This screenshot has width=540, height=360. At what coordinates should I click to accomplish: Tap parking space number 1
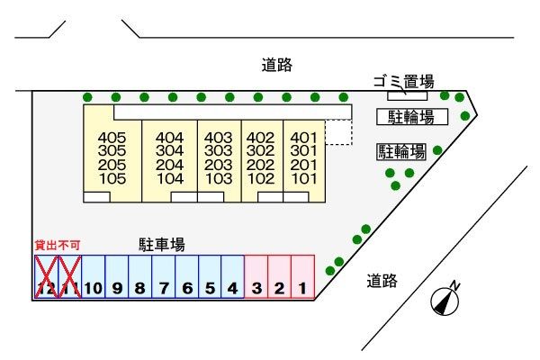303,278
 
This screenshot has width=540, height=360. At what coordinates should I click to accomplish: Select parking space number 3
256,278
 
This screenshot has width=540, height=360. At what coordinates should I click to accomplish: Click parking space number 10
94,278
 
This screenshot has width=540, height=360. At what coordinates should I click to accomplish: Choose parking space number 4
233,278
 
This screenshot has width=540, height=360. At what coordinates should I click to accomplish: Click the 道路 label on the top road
277,65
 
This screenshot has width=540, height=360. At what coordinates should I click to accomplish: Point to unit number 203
220,165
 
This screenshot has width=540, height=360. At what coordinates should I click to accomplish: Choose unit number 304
169,151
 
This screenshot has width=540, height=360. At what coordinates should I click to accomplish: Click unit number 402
260,138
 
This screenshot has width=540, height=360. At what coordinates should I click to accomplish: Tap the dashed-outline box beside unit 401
338,132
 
